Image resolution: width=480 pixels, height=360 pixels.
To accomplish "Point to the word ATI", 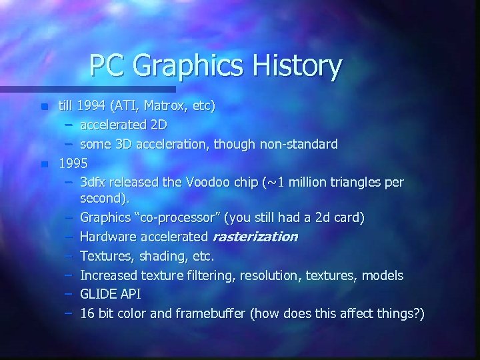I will pyautogui.click(x=127, y=105).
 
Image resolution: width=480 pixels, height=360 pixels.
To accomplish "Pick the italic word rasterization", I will pyautogui.click(x=255, y=237).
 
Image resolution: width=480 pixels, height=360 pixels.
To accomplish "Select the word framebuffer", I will pyautogui.click(x=211, y=313).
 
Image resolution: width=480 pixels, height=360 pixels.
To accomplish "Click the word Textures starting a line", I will pyautogui.click(x=106, y=256).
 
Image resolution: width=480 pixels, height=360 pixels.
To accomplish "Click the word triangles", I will pyautogui.click(x=355, y=182).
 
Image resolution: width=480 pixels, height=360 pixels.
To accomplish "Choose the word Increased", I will pyautogui.click(x=109, y=275).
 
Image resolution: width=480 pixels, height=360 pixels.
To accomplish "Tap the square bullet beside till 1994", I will pyautogui.click(x=44, y=107).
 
